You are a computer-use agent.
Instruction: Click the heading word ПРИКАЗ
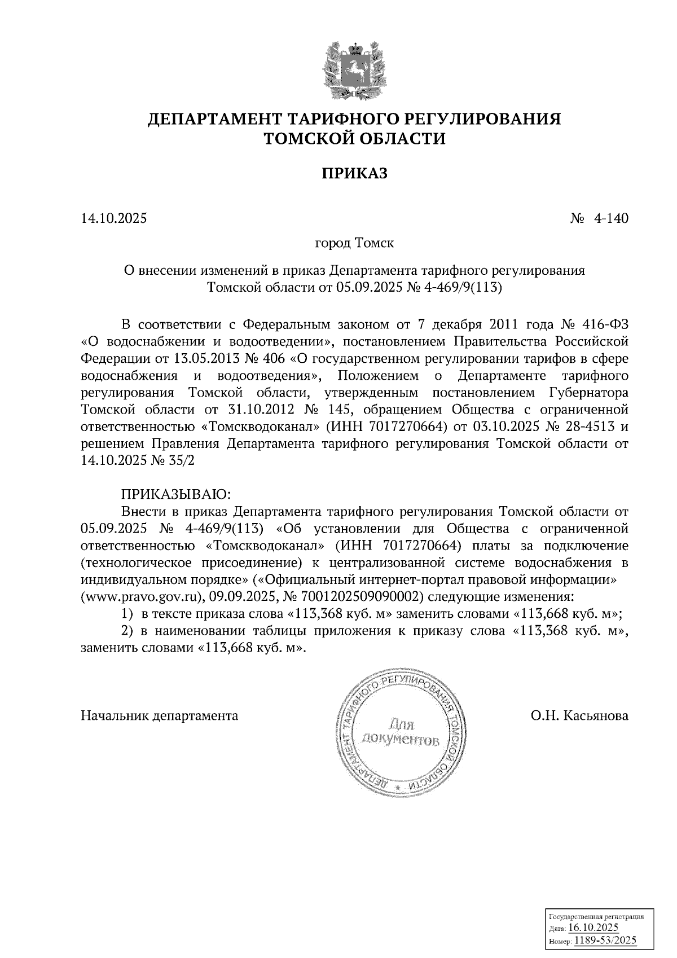click(x=355, y=173)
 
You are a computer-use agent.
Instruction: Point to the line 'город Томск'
click(x=354, y=244)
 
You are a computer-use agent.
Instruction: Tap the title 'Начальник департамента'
click(x=160, y=716)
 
